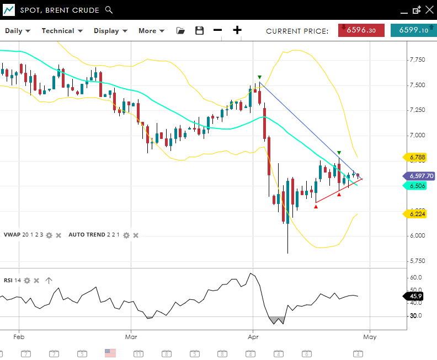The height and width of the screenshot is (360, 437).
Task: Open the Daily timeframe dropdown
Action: coord(18,31)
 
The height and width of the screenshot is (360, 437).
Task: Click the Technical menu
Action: coord(62,31)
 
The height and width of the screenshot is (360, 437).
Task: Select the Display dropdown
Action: coord(110,31)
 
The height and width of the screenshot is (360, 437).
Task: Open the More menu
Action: coord(151,31)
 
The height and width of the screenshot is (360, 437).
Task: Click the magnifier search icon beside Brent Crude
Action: coord(109,10)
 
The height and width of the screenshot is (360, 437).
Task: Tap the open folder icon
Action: coord(180,31)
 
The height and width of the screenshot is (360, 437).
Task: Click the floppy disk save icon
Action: coord(200,31)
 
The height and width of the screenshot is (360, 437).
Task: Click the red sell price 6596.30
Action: coord(361,30)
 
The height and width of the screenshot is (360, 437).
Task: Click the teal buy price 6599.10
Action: coord(413,30)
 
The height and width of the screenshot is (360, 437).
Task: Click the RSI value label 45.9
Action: coord(414,296)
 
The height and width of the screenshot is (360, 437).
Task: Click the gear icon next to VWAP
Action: coord(49,235)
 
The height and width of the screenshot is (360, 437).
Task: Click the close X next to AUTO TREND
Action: coord(136,235)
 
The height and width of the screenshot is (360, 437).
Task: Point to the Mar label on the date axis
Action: coord(131,336)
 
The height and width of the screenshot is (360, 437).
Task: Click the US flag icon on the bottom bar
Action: coord(110,353)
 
